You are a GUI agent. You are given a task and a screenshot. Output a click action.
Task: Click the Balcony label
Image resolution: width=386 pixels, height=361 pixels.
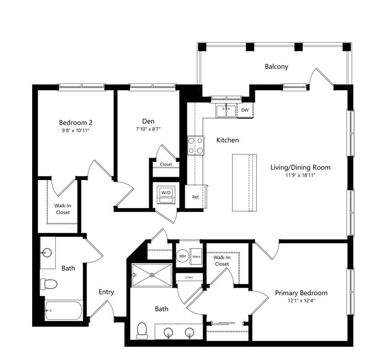[x=276, y=66]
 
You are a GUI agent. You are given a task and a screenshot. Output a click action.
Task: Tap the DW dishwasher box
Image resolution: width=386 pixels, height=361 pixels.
[x=245, y=110]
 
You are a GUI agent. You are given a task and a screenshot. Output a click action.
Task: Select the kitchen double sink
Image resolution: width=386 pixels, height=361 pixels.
[x=226, y=110]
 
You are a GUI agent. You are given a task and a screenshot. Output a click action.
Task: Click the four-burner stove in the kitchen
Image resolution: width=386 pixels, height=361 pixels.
[x=196, y=145]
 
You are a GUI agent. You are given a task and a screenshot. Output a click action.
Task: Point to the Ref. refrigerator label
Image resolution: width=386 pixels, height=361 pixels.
[x=196, y=197]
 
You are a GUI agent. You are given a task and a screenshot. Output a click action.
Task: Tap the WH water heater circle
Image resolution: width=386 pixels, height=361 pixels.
[x=182, y=256]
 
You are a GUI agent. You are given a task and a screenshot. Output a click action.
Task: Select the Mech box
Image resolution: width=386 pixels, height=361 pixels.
[x=196, y=257]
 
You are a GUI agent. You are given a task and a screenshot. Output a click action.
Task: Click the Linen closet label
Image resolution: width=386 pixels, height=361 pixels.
[x=189, y=277]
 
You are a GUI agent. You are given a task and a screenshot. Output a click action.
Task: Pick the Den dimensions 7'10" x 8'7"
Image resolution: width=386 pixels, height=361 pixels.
[x=149, y=129]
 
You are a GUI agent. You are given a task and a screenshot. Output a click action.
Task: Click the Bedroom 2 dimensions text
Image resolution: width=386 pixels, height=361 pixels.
[x=75, y=131]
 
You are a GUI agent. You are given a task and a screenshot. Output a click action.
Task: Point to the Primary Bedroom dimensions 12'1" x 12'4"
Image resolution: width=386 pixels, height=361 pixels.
[x=301, y=300]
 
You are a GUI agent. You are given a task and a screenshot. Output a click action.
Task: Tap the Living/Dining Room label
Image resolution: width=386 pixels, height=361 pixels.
[x=300, y=167]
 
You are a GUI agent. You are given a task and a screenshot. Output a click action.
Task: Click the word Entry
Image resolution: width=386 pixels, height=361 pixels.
[x=106, y=292]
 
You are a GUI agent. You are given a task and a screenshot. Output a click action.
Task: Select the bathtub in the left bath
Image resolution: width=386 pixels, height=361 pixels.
[x=64, y=311]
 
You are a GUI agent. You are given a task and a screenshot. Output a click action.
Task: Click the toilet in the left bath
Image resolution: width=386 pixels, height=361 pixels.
[x=49, y=284]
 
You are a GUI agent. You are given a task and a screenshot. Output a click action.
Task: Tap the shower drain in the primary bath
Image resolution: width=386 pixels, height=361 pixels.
[x=152, y=275]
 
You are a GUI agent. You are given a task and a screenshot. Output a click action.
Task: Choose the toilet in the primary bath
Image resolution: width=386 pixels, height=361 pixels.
[x=142, y=331]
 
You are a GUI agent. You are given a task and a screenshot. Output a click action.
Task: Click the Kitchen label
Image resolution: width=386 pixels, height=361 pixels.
[x=227, y=140]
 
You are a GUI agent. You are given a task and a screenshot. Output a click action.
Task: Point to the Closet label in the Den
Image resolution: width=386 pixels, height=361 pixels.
[x=166, y=164]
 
